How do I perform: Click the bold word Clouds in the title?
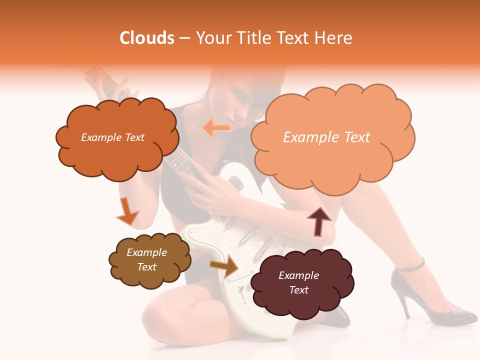[x=146, y=38]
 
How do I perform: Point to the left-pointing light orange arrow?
[x=216, y=128]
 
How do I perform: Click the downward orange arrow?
[x=126, y=212]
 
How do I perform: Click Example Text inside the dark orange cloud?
[x=112, y=137]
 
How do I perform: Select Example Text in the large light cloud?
[x=326, y=137]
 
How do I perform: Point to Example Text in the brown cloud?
[x=147, y=260]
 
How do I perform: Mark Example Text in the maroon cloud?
[x=298, y=283]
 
